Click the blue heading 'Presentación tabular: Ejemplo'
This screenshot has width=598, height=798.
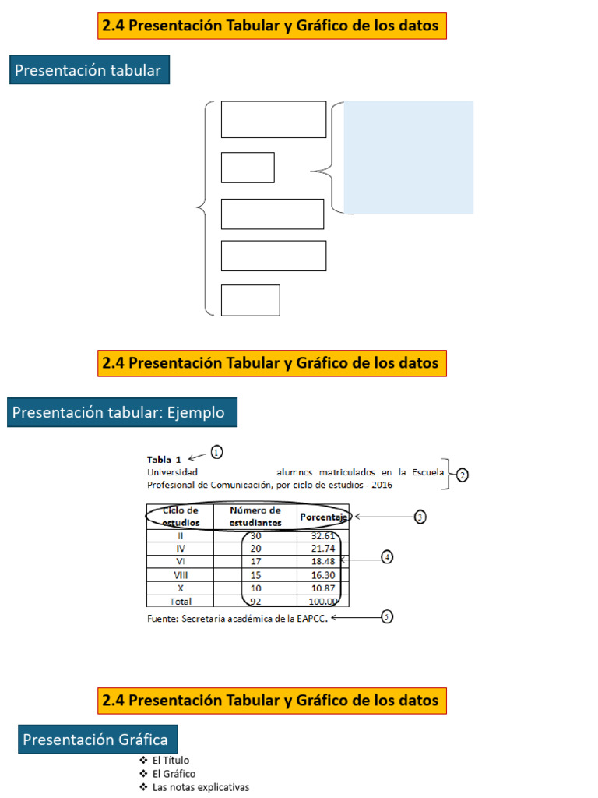[122, 412]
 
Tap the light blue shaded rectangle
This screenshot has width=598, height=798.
[408, 157]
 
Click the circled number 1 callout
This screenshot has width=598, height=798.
[216, 452]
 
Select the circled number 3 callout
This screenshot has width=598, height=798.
[420, 517]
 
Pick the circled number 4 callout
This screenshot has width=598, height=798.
[387, 557]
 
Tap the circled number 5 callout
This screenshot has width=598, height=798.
[387, 617]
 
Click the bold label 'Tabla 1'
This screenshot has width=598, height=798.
[164, 460]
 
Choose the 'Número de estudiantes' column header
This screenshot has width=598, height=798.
[255, 517]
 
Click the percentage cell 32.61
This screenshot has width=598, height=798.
[323, 536]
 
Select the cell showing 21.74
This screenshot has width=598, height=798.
[323, 549]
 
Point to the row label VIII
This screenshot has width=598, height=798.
[180, 575]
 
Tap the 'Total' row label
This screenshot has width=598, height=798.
[180, 602]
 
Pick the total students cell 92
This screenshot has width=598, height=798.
[255, 602]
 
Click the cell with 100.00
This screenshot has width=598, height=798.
[323, 602]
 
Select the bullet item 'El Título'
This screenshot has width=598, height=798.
[171, 761]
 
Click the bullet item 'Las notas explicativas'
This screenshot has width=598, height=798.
[200, 788]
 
